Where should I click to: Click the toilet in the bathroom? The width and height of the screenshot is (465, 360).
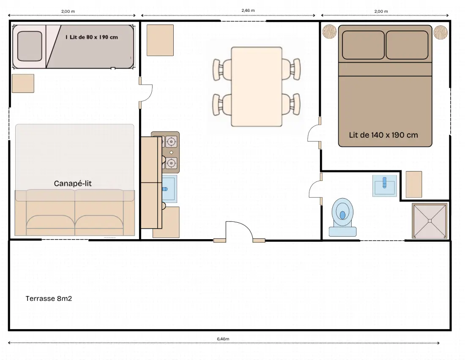click(x=342, y=217)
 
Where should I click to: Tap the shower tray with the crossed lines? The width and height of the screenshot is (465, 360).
click(x=430, y=221)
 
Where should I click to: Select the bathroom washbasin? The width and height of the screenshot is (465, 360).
click(x=385, y=185)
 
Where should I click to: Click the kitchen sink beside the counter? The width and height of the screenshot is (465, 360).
click(x=170, y=189)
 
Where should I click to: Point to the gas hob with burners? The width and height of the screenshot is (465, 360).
click(x=170, y=153)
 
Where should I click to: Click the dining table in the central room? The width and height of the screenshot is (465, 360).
click(x=257, y=87)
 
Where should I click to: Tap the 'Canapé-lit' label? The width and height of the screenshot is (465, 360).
click(x=73, y=183)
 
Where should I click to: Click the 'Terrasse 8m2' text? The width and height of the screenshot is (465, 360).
click(x=49, y=298)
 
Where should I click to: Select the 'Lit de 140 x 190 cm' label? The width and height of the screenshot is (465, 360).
click(x=383, y=135)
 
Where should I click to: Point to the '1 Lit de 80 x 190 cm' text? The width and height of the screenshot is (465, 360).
click(x=92, y=37)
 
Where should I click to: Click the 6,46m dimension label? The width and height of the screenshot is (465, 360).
click(x=223, y=339)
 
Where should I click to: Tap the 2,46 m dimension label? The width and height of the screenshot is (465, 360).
click(x=248, y=11)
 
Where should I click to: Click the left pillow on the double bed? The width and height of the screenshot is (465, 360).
click(x=363, y=45)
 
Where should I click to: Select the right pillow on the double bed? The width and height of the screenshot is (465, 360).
click(x=407, y=45)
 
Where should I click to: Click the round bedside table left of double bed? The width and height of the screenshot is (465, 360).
click(x=329, y=31)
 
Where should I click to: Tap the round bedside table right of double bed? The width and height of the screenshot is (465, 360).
click(x=440, y=32)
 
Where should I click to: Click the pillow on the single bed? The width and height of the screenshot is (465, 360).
click(x=29, y=46)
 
